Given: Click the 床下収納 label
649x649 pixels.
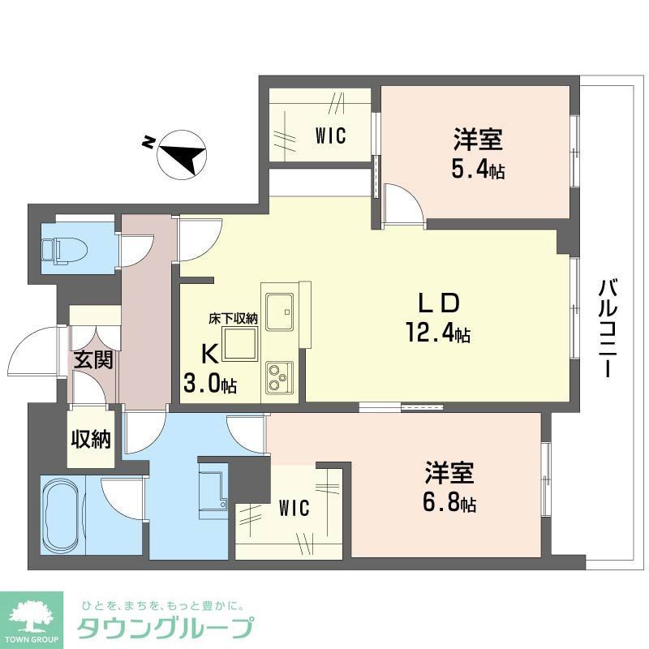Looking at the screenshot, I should pos(233,319).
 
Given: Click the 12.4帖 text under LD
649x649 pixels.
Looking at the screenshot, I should pos(438,333).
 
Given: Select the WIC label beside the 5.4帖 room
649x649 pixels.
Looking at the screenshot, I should pos(330,136).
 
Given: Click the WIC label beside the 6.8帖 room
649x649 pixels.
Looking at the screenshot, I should pos(293,509).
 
